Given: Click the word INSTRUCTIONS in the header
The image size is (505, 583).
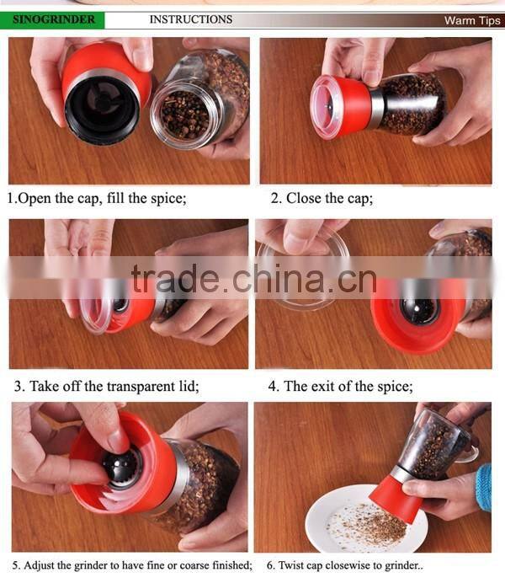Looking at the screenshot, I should point(191,19).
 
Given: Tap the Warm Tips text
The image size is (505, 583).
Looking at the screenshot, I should point(471,20).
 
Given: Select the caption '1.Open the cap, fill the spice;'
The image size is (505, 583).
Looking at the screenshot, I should point(97,199).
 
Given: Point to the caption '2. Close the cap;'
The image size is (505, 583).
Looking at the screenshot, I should point(322,199).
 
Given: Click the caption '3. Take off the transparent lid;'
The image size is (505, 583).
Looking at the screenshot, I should point(105,387).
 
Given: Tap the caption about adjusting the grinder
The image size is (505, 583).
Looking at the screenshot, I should point(132,564).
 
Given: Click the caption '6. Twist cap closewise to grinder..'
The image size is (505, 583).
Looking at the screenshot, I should point(344,564).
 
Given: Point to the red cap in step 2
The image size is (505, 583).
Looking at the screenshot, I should point(341,105).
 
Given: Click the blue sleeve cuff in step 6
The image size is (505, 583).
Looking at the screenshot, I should point(484,487).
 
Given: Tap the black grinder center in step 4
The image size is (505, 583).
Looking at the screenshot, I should point(418,309).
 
